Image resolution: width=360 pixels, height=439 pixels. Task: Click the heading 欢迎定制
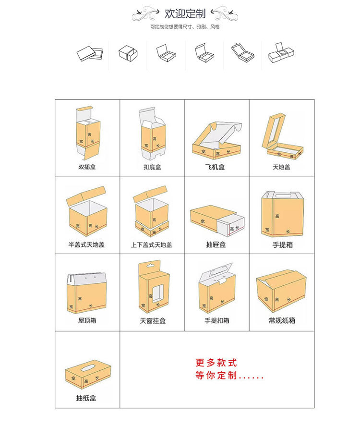pyautogui.click(x=185, y=13)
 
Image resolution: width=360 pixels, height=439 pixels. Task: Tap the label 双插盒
pyautogui.click(x=87, y=168)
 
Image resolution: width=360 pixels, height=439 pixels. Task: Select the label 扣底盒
pyautogui.click(x=152, y=168)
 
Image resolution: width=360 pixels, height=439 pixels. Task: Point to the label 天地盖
pyautogui.click(x=282, y=168)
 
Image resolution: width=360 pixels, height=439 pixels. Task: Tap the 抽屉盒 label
pyautogui.click(x=216, y=245)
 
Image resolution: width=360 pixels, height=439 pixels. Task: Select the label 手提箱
pyautogui.click(x=282, y=245)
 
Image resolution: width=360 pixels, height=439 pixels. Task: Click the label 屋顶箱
pyautogui.click(x=87, y=320)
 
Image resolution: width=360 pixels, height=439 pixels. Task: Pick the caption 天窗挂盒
pyautogui.click(x=153, y=320)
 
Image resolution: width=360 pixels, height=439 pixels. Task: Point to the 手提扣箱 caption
pyautogui.click(x=216, y=320)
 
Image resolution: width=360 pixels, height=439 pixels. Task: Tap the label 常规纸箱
pyautogui.click(x=282, y=320)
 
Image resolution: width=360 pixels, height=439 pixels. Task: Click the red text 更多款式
pyautogui.click(x=216, y=363)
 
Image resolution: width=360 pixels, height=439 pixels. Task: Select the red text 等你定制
pyautogui.click(x=229, y=376)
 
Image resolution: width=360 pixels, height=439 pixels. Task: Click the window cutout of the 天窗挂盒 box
pyautogui.click(x=157, y=294)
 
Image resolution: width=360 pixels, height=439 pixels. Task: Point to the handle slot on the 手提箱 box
pyautogui.click(x=282, y=195)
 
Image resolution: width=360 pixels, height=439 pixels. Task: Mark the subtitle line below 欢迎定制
pyautogui.click(x=184, y=27)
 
